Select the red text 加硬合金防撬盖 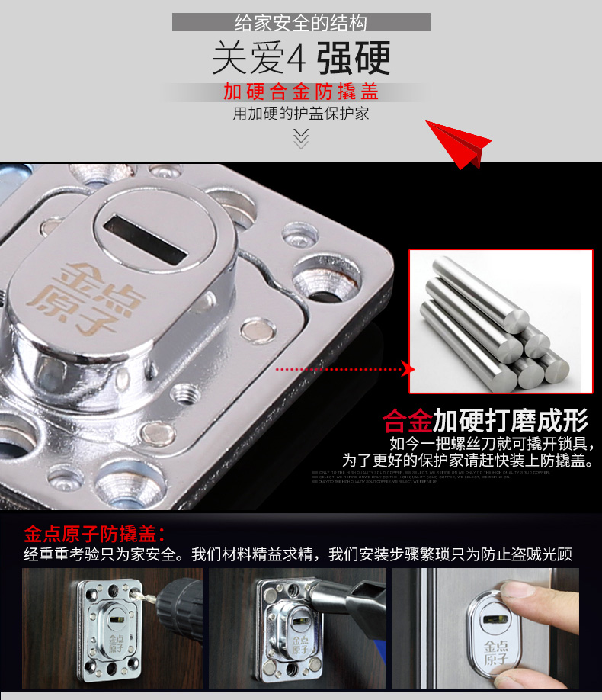[x=301, y=93]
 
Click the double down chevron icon [x=301, y=137]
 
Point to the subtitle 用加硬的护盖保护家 [x=301, y=114]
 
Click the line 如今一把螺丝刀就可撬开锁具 [x=492, y=444]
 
